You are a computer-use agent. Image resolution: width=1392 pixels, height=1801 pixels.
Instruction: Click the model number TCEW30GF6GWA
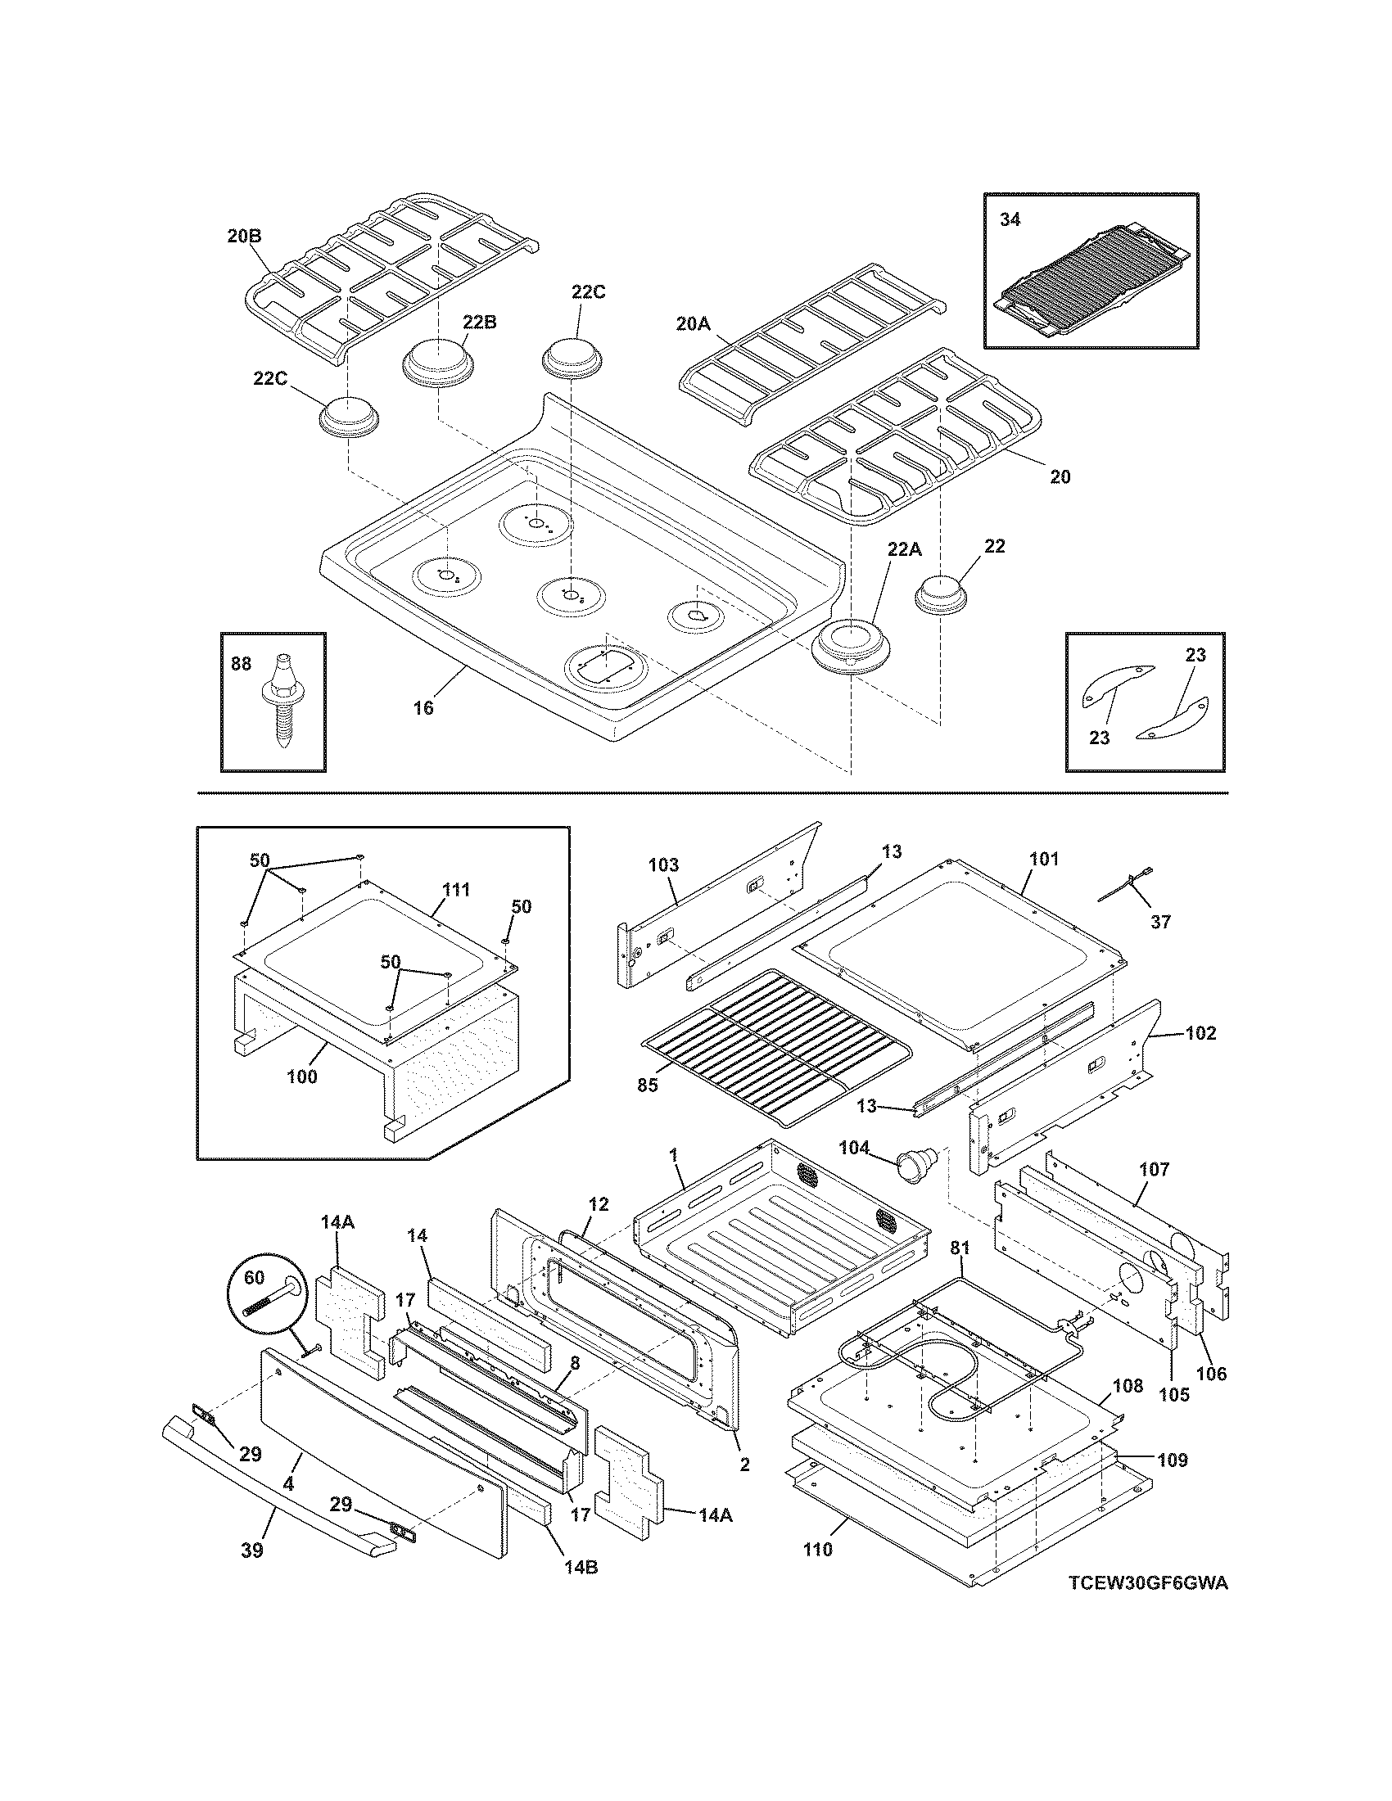coord(1147,1606)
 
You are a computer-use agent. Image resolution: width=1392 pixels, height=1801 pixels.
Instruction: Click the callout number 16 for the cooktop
coord(423,707)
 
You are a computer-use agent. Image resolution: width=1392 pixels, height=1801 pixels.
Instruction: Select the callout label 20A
coord(693,324)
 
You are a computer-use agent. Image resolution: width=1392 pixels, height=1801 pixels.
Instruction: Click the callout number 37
coord(1160,922)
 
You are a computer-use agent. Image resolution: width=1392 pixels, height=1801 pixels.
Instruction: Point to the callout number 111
coord(456,890)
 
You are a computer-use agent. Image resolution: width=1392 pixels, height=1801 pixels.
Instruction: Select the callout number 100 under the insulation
coord(302,1077)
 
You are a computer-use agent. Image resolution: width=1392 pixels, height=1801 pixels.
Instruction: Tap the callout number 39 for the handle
coord(251,1550)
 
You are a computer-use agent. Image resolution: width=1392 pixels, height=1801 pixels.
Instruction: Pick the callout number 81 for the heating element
coord(960,1250)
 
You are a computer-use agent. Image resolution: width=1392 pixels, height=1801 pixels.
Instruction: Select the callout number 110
coord(818,1550)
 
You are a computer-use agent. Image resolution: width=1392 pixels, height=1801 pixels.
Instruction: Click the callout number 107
coord(1154,1169)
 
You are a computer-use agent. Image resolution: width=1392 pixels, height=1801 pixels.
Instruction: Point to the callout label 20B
coord(244,236)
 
